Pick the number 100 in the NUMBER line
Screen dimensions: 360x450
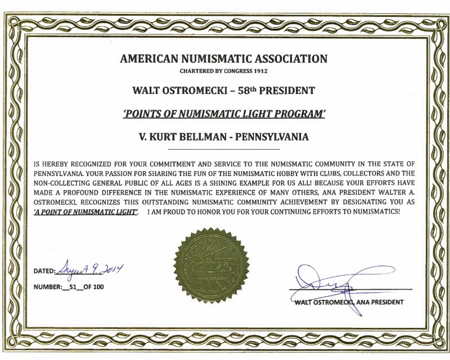click(x=98, y=287)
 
